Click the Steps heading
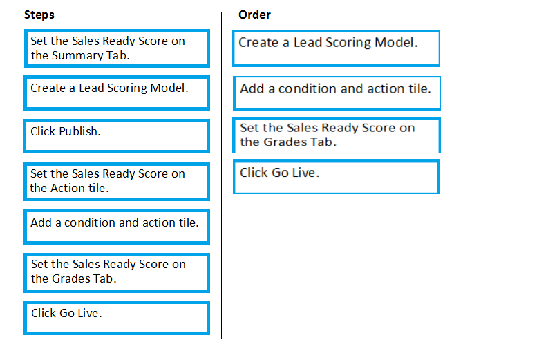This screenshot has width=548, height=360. (x=39, y=15)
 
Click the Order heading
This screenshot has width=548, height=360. (x=254, y=15)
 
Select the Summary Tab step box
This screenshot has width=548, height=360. (x=117, y=48)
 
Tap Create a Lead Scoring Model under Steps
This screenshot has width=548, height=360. (x=117, y=93)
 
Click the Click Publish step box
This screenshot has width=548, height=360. (x=116, y=136)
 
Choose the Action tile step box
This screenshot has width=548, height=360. (x=117, y=182)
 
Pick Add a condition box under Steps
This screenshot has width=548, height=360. (x=117, y=227)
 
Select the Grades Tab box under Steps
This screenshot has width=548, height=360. (x=117, y=273)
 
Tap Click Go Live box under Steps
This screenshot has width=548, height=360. (x=117, y=318)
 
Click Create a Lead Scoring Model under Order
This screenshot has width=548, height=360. (x=337, y=48)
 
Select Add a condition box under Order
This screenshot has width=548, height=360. (x=337, y=93)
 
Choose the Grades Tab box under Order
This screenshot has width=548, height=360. (x=337, y=135)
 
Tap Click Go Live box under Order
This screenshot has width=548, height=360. (x=337, y=176)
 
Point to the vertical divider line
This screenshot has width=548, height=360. (x=222, y=175)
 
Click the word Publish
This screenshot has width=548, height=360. (x=79, y=132)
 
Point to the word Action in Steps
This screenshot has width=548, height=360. (x=68, y=188)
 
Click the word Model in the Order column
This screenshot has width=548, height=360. (x=396, y=43)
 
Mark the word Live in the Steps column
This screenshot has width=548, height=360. (x=90, y=313)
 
